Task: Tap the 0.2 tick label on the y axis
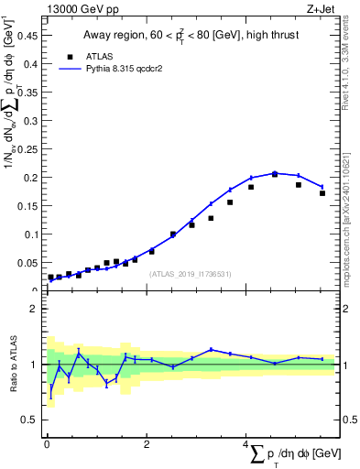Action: pos(31,177)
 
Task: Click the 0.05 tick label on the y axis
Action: pos(27,263)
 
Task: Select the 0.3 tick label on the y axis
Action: pos(31,120)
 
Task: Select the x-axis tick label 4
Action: pos(245,444)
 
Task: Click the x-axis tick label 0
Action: pos(47,444)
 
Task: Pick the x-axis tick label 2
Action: pos(147,444)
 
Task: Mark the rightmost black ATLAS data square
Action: pos(322,193)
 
